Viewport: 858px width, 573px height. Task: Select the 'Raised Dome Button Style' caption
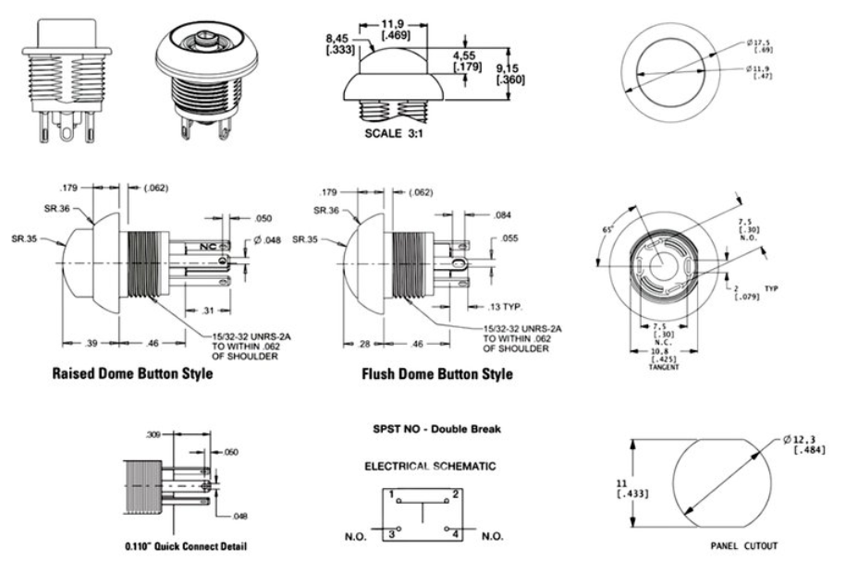133,374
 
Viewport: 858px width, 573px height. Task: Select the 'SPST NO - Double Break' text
430,430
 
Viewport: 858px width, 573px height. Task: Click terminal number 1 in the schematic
392,496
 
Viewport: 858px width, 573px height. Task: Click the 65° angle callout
607,227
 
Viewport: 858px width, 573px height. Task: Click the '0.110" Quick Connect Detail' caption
186,546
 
